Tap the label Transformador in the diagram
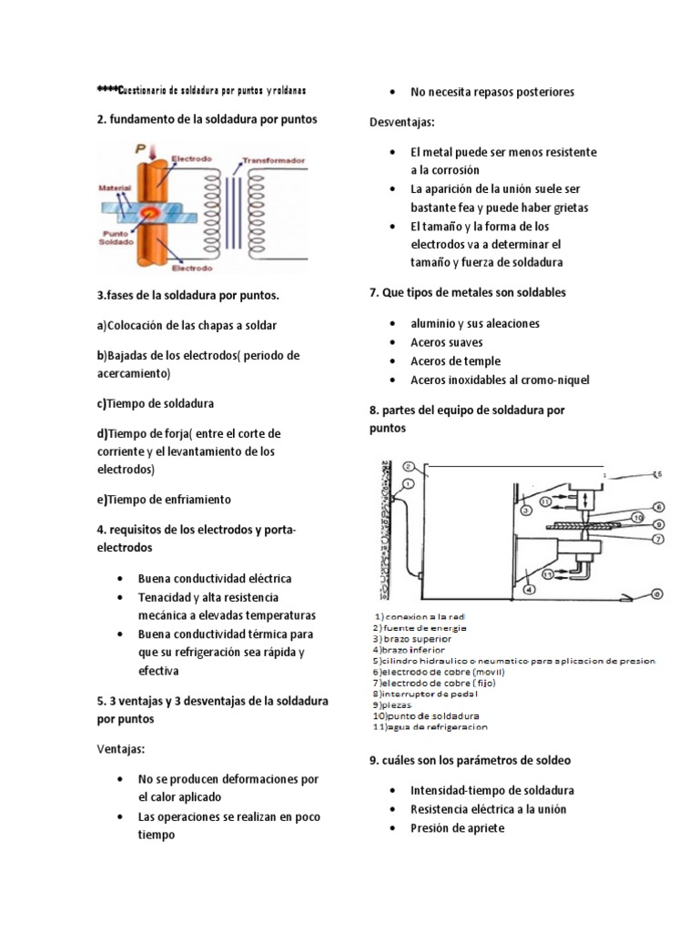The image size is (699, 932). click(274, 160)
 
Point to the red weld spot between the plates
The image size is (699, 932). click(149, 212)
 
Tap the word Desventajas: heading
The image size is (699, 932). click(402, 122)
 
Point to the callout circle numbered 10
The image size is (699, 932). click(637, 518)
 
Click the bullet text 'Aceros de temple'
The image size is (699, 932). click(455, 361)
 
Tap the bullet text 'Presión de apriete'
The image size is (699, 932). click(457, 828)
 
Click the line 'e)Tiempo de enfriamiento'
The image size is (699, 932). click(164, 500)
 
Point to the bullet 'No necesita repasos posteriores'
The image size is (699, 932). click(492, 92)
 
